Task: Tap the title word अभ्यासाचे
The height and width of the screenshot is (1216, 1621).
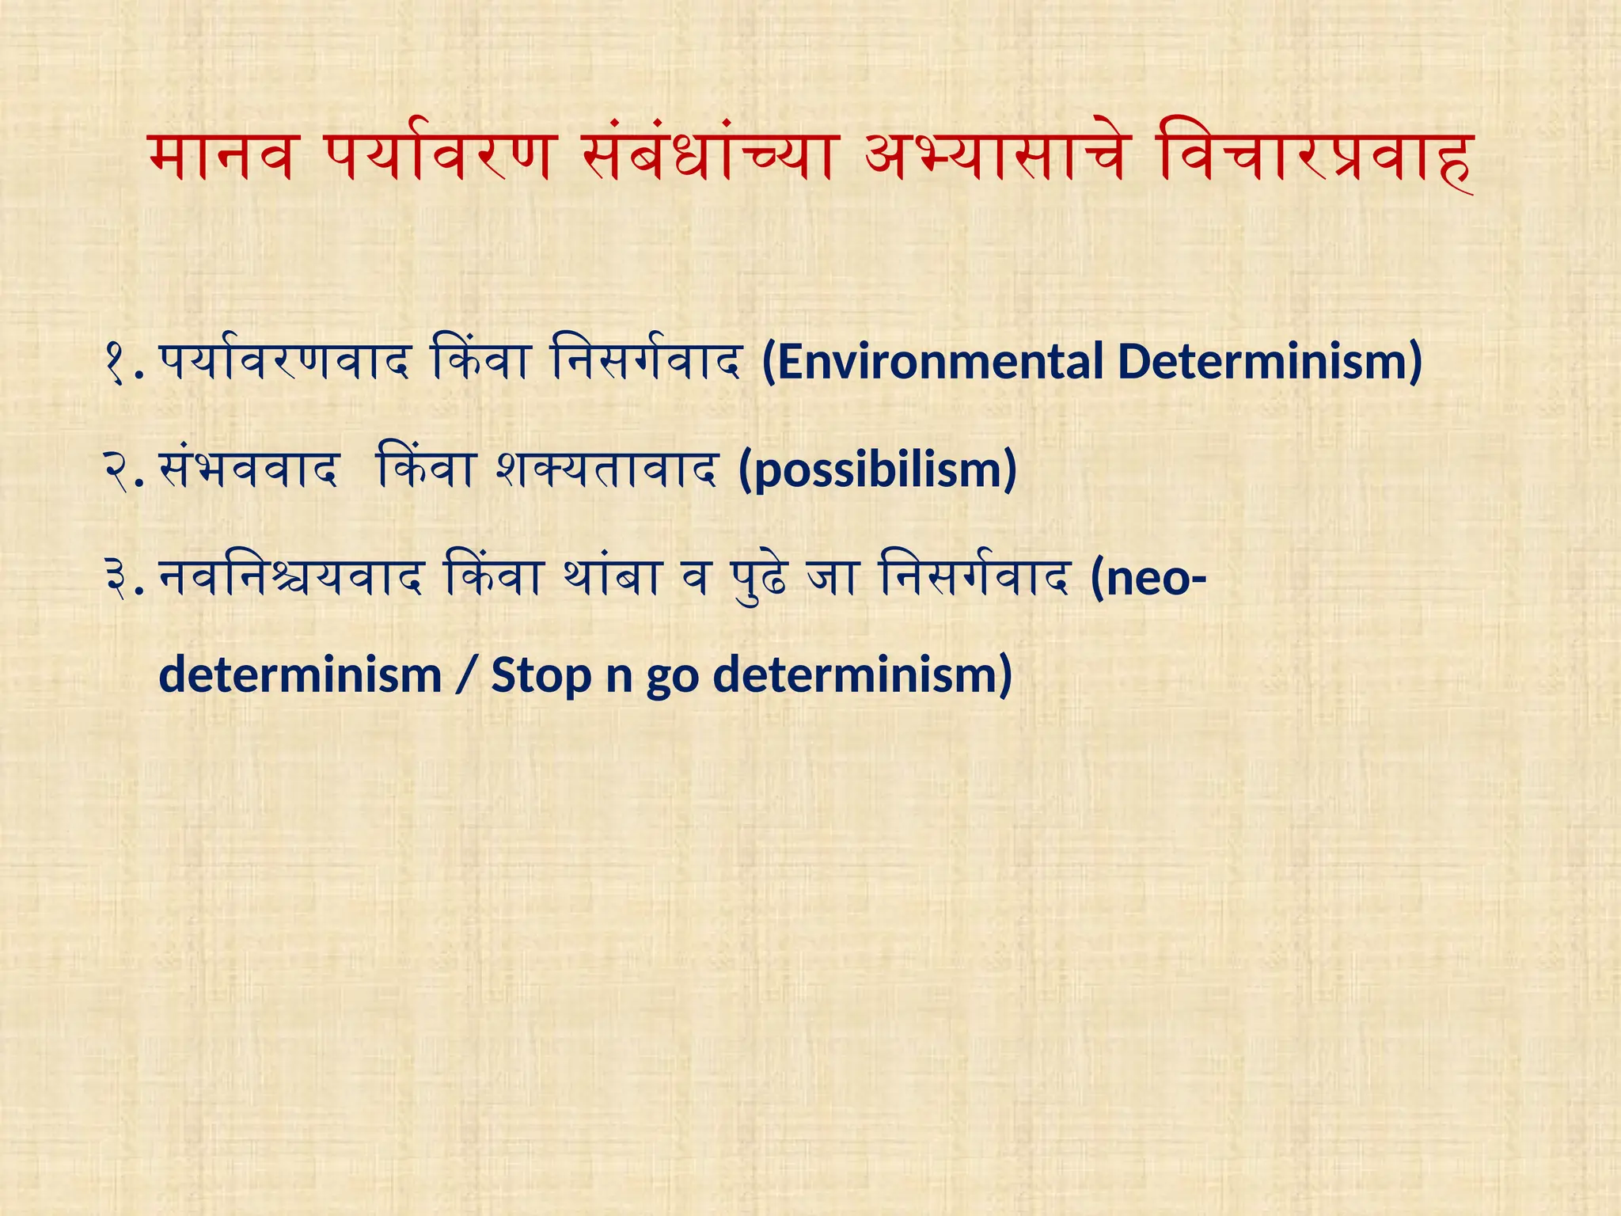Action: coord(994,158)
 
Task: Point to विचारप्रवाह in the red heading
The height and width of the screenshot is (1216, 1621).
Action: coord(1314,158)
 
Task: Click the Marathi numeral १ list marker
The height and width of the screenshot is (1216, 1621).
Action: coord(116,363)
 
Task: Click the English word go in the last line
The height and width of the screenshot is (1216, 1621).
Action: coord(672,678)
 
